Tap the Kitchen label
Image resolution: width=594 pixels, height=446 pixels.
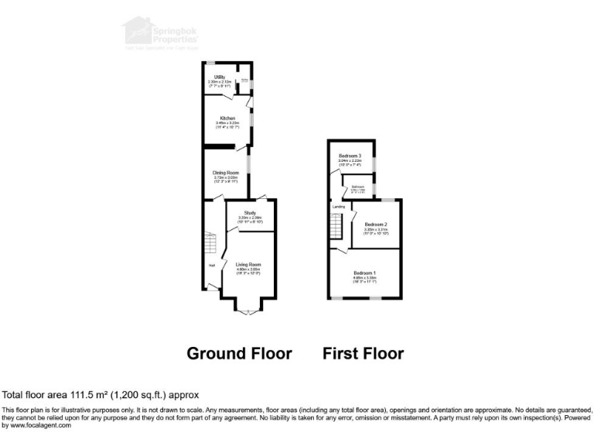pyautogui.click(x=227, y=118)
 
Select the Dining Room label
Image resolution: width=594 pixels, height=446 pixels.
pyautogui.click(x=226, y=173)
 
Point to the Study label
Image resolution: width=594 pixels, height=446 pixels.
pyautogui.click(x=250, y=212)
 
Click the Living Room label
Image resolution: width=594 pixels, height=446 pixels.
pyautogui.click(x=248, y=265)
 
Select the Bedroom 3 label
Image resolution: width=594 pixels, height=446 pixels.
pyautogui.click(x=350, y=156)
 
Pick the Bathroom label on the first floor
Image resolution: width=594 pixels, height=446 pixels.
pyautogui.click(x=358, y=187)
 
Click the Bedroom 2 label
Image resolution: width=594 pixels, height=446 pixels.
pyautogui.click(x=376, y=225)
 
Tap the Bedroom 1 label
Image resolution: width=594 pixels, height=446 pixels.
pyautogui.click(x=365, y=273)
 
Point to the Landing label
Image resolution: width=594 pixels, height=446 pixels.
pyautogui.click(x=339, y=207)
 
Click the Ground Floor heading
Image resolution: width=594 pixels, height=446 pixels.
pyautogui.click(x=239, y=354)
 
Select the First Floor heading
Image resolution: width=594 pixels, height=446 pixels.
pyautogui.click(x=363, y=354)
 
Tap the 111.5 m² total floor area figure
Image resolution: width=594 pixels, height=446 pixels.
pyautogui.click(x=80, y=394)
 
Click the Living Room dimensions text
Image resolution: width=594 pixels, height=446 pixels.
pyautogui.click(x=248, y=271)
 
